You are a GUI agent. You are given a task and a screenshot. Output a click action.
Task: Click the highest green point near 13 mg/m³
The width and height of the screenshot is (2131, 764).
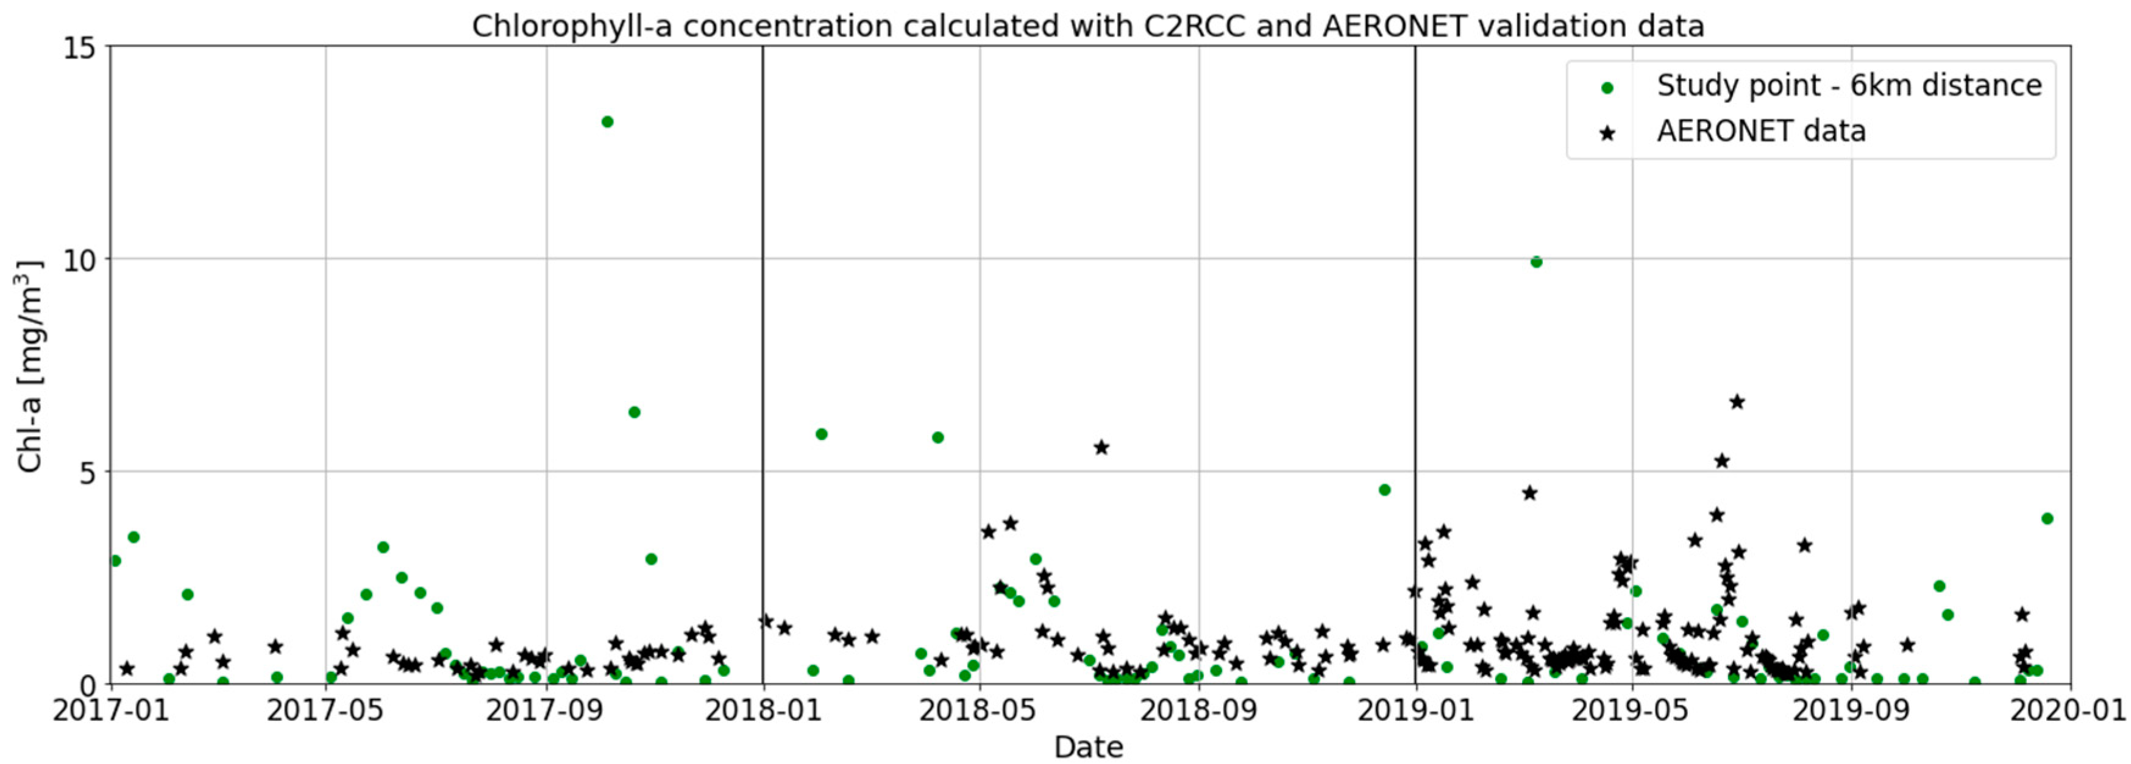click(607, 122)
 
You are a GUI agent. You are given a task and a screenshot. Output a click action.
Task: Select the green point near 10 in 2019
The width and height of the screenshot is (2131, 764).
click(1536, 262)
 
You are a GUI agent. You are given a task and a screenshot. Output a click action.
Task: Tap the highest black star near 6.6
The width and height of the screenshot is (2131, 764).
click(1737, 402)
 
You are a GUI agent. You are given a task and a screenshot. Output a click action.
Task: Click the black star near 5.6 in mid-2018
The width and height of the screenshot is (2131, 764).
click(1101, 447)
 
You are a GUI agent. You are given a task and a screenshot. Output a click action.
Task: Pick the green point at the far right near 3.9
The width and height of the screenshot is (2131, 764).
click(2047, 518)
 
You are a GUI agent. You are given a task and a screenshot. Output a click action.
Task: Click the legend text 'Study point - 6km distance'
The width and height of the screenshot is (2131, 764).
click(1849, 86)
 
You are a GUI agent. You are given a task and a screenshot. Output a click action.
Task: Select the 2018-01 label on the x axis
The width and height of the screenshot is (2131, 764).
click(763, 711)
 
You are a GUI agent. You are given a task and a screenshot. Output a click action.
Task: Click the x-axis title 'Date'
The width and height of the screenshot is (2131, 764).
click(1089, 748)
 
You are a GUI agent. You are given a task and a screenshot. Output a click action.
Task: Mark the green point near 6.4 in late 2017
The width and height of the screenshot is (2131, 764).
click(635, 412)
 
